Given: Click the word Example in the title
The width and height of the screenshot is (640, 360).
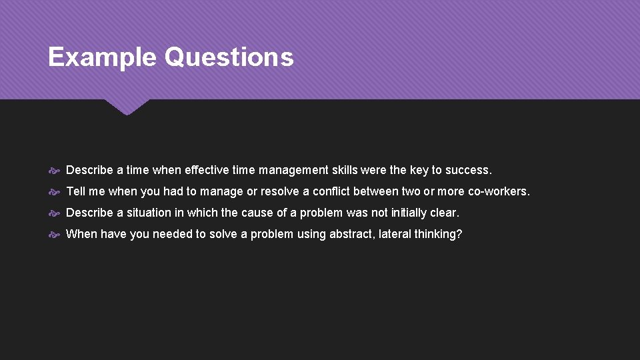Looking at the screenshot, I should pos(102,57).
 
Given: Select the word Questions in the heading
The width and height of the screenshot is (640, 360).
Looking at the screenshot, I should pos(229,57).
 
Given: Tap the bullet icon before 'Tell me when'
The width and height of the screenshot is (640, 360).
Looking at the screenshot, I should pos(56,192).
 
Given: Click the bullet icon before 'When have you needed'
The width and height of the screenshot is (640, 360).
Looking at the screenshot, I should pos(56,235).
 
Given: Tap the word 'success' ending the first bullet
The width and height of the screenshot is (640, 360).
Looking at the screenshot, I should pos(467,170).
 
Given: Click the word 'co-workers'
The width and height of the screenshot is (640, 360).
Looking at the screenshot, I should pos(498,191).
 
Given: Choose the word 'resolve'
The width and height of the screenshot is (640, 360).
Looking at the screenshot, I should pos(279,191).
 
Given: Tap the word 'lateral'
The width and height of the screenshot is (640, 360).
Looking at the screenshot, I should pos(394,234).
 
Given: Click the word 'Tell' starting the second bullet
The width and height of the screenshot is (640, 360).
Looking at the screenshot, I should pos(75,191).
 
